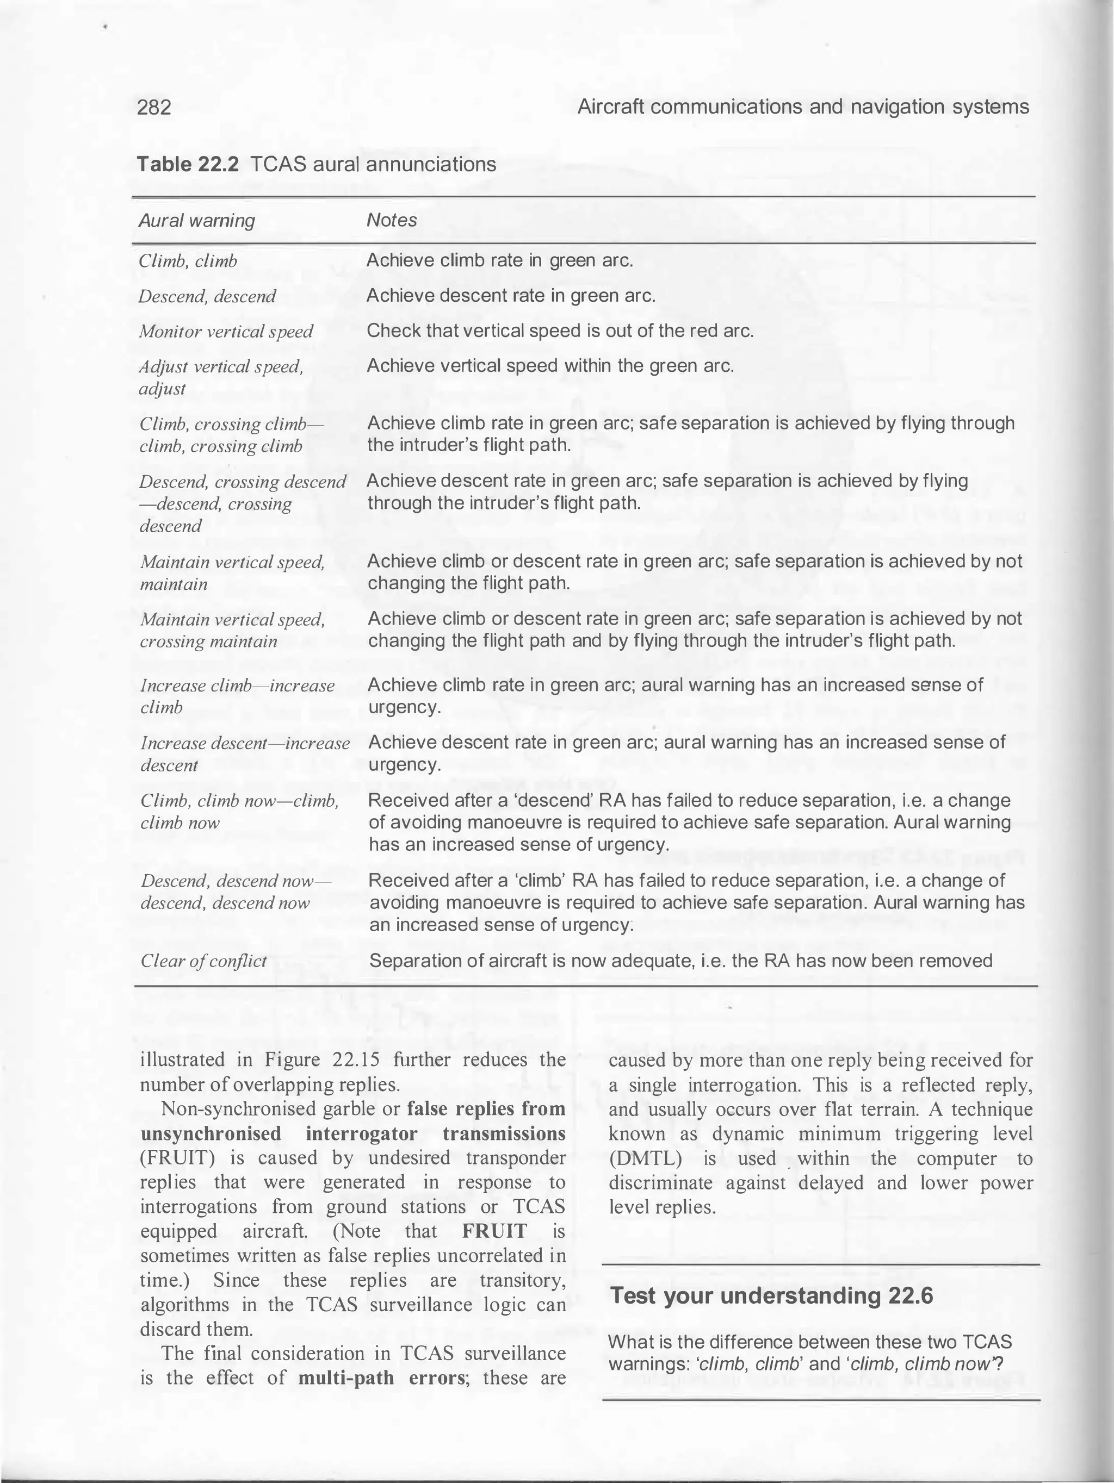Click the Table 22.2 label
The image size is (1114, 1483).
188,164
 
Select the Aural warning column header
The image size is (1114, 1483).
196,221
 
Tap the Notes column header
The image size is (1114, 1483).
392,221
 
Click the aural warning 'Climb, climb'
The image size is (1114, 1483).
188,261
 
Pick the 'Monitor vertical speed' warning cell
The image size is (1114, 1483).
226,331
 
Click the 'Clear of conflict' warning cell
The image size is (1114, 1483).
203,961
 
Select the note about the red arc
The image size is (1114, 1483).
560,331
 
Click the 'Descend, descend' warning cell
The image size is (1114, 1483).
207,296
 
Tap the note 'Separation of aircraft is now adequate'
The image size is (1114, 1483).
680,961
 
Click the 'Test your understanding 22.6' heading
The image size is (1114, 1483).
771,1296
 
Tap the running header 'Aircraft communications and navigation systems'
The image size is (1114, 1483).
803,107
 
